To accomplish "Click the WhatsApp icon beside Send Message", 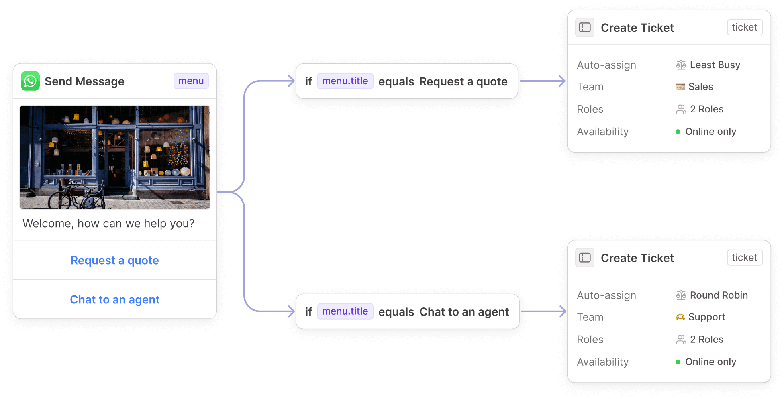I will coord(30,81).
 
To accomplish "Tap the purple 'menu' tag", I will coord(191,81).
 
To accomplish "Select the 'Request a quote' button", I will coord(115,261).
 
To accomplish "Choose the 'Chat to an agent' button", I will coord(115,300).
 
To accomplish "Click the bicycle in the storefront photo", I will coord(76,195).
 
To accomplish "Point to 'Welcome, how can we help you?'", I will coord(108,224).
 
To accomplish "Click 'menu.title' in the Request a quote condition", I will coord(345,81).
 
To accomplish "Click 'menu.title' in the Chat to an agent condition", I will coord(345,311).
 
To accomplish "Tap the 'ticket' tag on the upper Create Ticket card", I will coord(744,27).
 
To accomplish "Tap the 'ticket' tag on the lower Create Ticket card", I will coord(744,258).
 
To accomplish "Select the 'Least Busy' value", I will coord(715,65).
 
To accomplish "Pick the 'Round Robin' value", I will coord(719,295).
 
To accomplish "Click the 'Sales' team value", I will coord(700,87).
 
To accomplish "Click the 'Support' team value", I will coord(706,317).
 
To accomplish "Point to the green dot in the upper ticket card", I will coord(678,132).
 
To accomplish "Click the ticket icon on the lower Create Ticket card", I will coord(585,258).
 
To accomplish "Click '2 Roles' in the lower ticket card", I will coord(706,340).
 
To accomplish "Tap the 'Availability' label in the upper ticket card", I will coord(602,132).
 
